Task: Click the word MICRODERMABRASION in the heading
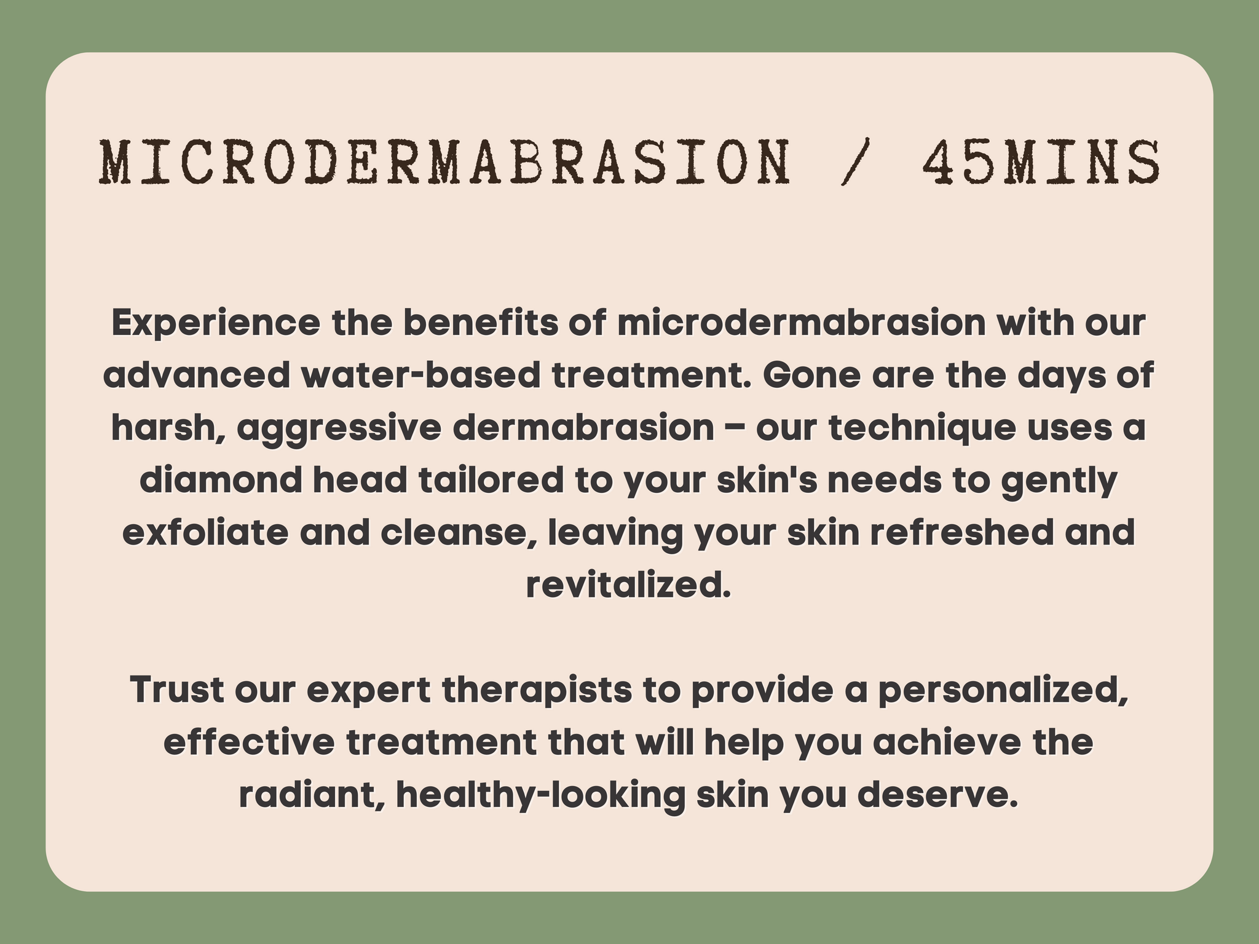(443, 163)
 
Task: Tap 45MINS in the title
(1041, 163)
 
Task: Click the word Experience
(216, 324)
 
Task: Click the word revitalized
(628, 584)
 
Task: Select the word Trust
(177, 690)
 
